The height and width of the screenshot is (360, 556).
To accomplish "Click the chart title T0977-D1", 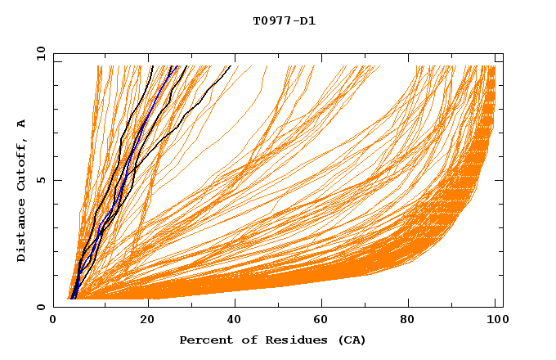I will click(284, 21).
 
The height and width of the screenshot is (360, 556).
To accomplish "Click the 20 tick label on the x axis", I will click(147, 322).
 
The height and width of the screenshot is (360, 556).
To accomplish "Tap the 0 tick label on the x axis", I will click(54, 322).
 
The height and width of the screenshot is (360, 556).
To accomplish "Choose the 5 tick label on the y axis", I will click(40, 180).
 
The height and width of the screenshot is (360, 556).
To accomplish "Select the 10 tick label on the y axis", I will click(38, 53).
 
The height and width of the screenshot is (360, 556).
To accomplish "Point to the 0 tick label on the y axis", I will click(40, 307).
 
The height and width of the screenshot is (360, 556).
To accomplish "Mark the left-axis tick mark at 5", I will click(56, 180).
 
